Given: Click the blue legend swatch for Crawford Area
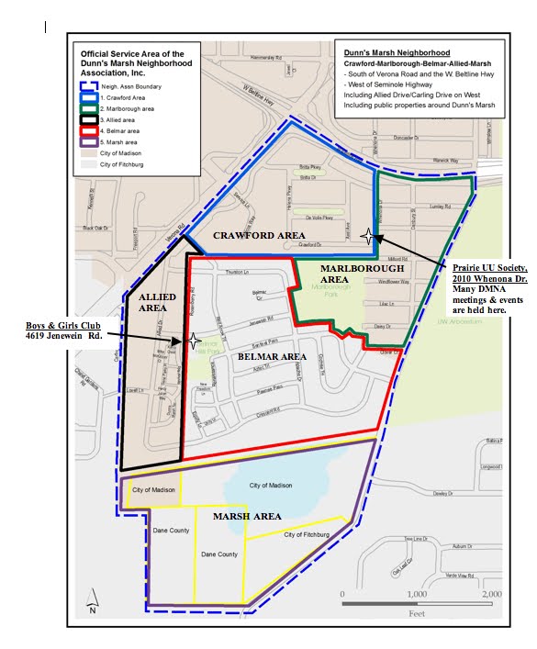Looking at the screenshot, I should pos(89,95).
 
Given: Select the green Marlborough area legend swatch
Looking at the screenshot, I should pos(89,107).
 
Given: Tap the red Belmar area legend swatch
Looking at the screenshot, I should pos(89,131).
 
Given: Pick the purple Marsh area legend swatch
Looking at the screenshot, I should pos(89,142).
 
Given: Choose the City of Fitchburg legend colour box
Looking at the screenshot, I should pos(89,165).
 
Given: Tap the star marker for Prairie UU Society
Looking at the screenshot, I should pos(367,236).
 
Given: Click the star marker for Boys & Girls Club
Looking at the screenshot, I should pos(193,340).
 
